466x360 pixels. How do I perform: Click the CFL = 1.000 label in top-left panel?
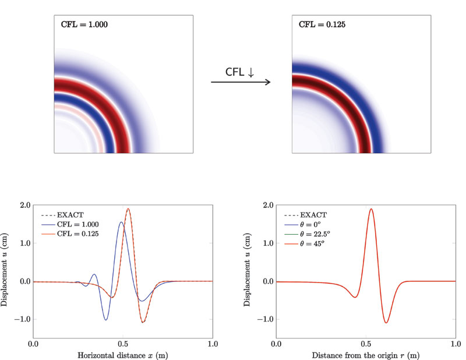coord(84,25)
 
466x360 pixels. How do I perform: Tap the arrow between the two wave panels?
coord(241,82)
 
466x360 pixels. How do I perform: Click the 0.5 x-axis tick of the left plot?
coord(122,344)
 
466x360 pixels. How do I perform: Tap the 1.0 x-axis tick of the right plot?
coord(455,344)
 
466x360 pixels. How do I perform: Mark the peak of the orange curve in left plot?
coord(128,209)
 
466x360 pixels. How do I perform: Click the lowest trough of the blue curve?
coord(107,320)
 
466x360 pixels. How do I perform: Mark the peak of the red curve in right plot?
coord(370,209)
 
